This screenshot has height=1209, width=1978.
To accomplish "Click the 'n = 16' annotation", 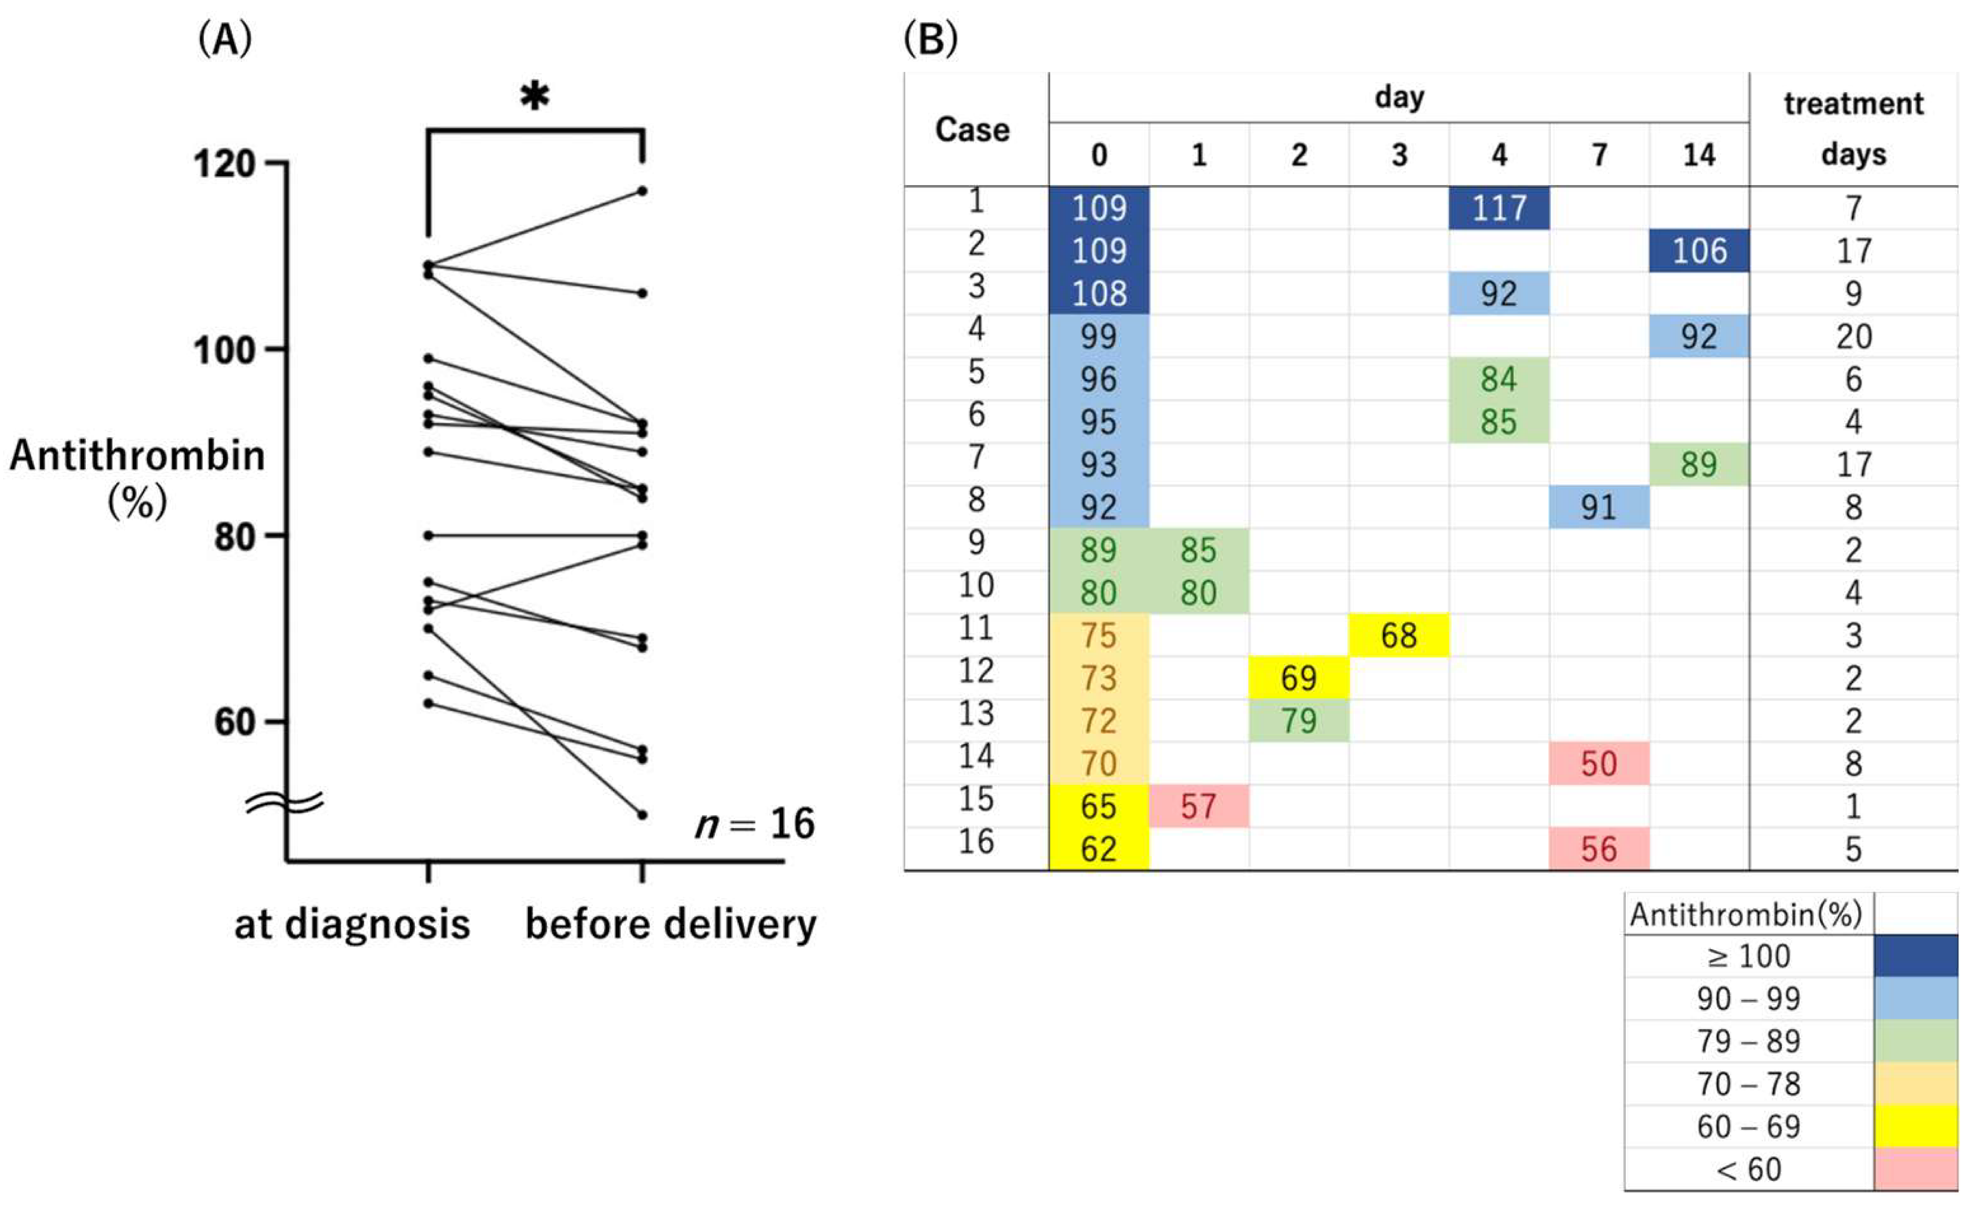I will tap(754, 823).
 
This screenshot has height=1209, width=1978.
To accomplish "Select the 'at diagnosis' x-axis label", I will tap(352, 924).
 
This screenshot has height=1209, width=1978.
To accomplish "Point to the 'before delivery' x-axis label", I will tap(670, 924).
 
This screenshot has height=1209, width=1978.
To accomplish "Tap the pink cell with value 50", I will tap(1598, 764).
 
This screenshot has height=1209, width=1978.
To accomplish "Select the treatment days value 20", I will tap(1853, 336).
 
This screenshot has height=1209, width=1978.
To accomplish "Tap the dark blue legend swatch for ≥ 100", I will tap(1915, 955).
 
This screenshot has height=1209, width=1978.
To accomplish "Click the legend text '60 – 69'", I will tap(1748, 1126).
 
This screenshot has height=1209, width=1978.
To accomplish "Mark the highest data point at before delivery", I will tap(642, 191).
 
